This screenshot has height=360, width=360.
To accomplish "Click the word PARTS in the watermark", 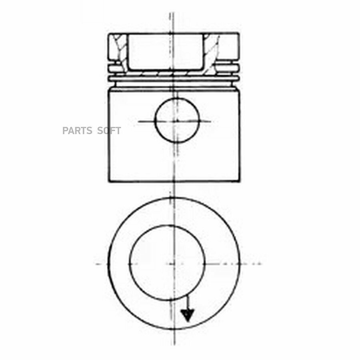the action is [x=77, y=131].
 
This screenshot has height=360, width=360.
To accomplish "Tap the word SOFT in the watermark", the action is [x=109, y=131].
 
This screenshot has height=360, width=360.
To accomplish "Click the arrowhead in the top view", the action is [x=188, y=315].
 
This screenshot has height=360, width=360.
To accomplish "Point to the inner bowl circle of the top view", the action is [x=129, y=263].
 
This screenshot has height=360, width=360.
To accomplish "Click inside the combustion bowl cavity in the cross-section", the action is [x=165, y=52].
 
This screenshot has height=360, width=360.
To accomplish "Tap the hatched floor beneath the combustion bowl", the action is [x=165, y=73].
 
